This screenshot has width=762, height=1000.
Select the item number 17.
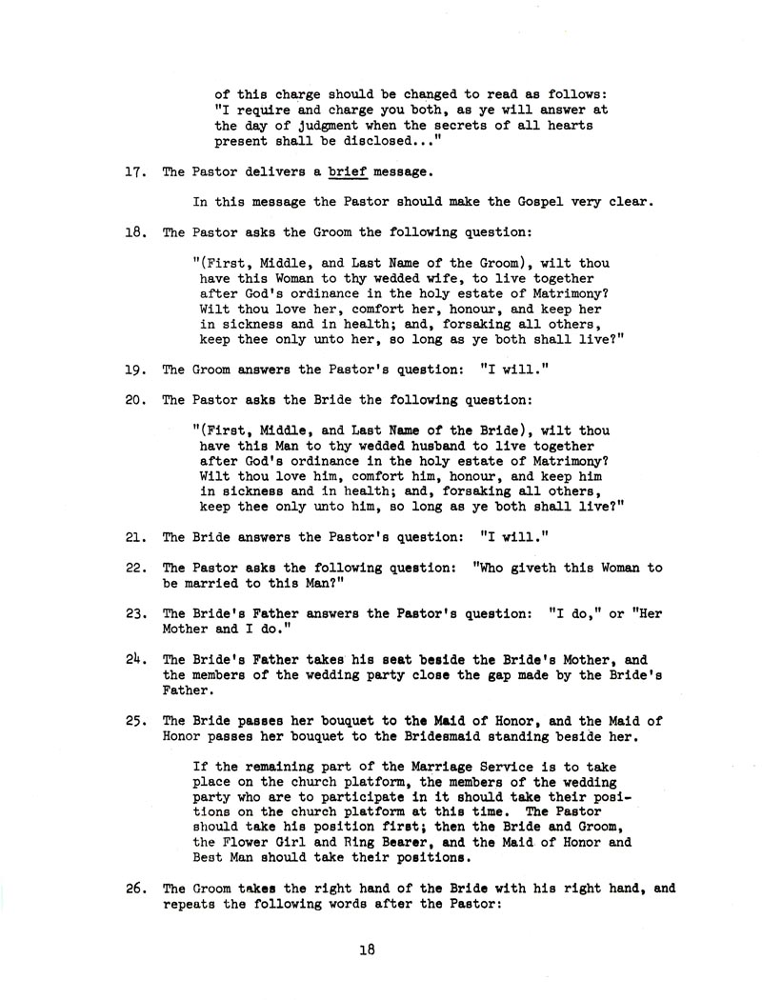134,172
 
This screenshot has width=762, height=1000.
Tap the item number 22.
134,568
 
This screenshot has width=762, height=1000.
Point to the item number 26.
134,889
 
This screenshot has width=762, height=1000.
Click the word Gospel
485,202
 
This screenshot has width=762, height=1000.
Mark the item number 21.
134,538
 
